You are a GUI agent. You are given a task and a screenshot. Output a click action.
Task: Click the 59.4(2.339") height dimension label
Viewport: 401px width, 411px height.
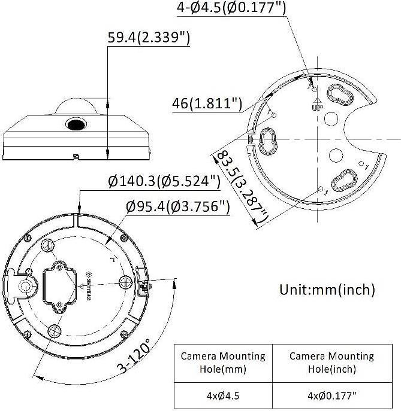[149, 38]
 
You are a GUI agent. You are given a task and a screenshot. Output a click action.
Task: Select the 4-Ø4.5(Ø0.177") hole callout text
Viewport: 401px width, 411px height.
[231, 8]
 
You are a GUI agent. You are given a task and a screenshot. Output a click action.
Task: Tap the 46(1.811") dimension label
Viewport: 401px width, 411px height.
[206, 103]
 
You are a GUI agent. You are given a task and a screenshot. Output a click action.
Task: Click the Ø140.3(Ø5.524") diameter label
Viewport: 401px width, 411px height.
[164, 181]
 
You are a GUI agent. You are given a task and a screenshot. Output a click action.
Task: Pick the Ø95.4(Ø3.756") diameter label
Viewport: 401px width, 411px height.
[178, 206]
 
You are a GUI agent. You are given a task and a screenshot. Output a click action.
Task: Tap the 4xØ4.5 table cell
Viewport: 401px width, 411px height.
[222, 395]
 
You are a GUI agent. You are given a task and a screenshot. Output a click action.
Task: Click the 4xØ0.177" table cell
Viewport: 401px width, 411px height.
[331, 395]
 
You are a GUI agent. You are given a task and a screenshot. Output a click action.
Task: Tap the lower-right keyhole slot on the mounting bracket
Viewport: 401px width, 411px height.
[343, 180]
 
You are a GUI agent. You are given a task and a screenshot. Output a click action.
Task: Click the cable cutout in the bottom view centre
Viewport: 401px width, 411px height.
[58, 285]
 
